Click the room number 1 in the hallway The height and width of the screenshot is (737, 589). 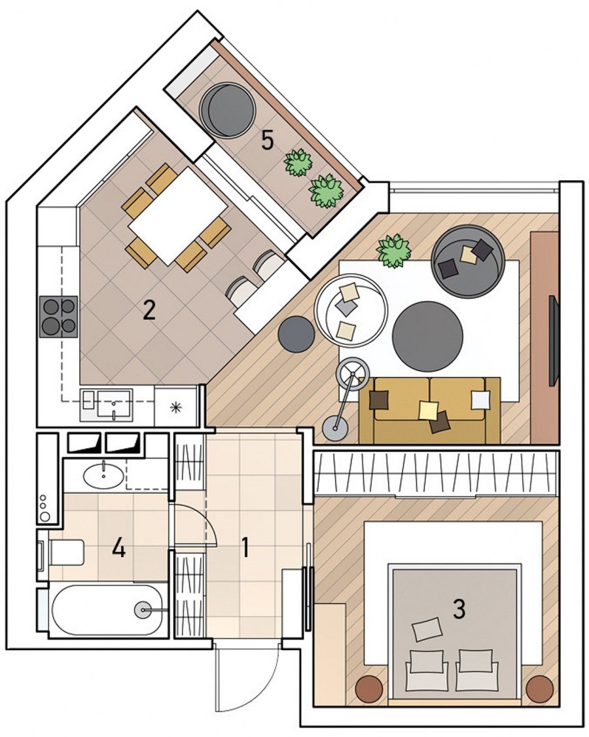pos(245,548)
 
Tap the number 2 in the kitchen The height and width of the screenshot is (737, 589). pos(149,311)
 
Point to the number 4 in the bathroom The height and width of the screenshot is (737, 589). pos(118,548)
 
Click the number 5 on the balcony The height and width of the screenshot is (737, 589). pos(268,141)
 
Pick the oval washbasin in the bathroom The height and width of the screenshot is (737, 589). pos(104,475)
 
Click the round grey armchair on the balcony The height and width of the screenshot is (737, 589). pos(228,110)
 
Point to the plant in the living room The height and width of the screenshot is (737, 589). pos(394,251)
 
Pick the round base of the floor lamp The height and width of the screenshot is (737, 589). pos(334,428)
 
